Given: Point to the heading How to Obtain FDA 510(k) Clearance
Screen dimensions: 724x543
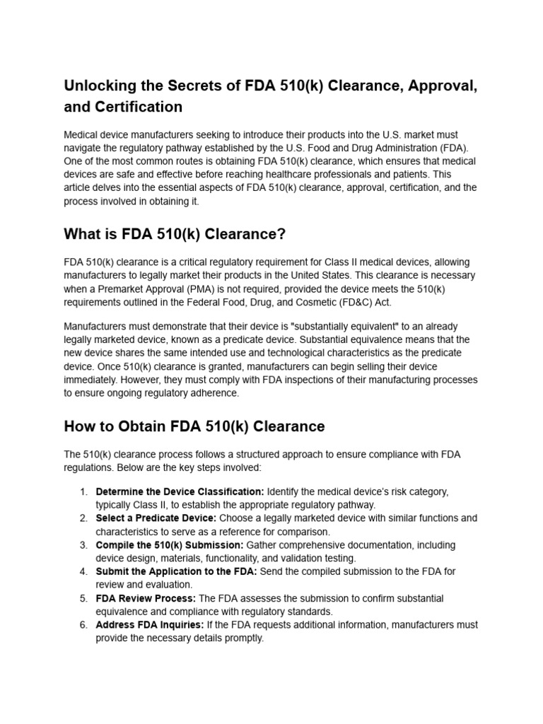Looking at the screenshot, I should point(194,426).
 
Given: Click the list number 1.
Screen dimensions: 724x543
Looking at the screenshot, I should point(83,491).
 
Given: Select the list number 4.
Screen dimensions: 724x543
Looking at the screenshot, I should point(83,571).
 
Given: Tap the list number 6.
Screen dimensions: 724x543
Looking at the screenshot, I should point(83,625).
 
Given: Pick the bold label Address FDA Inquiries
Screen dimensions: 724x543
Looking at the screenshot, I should point(150,625).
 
